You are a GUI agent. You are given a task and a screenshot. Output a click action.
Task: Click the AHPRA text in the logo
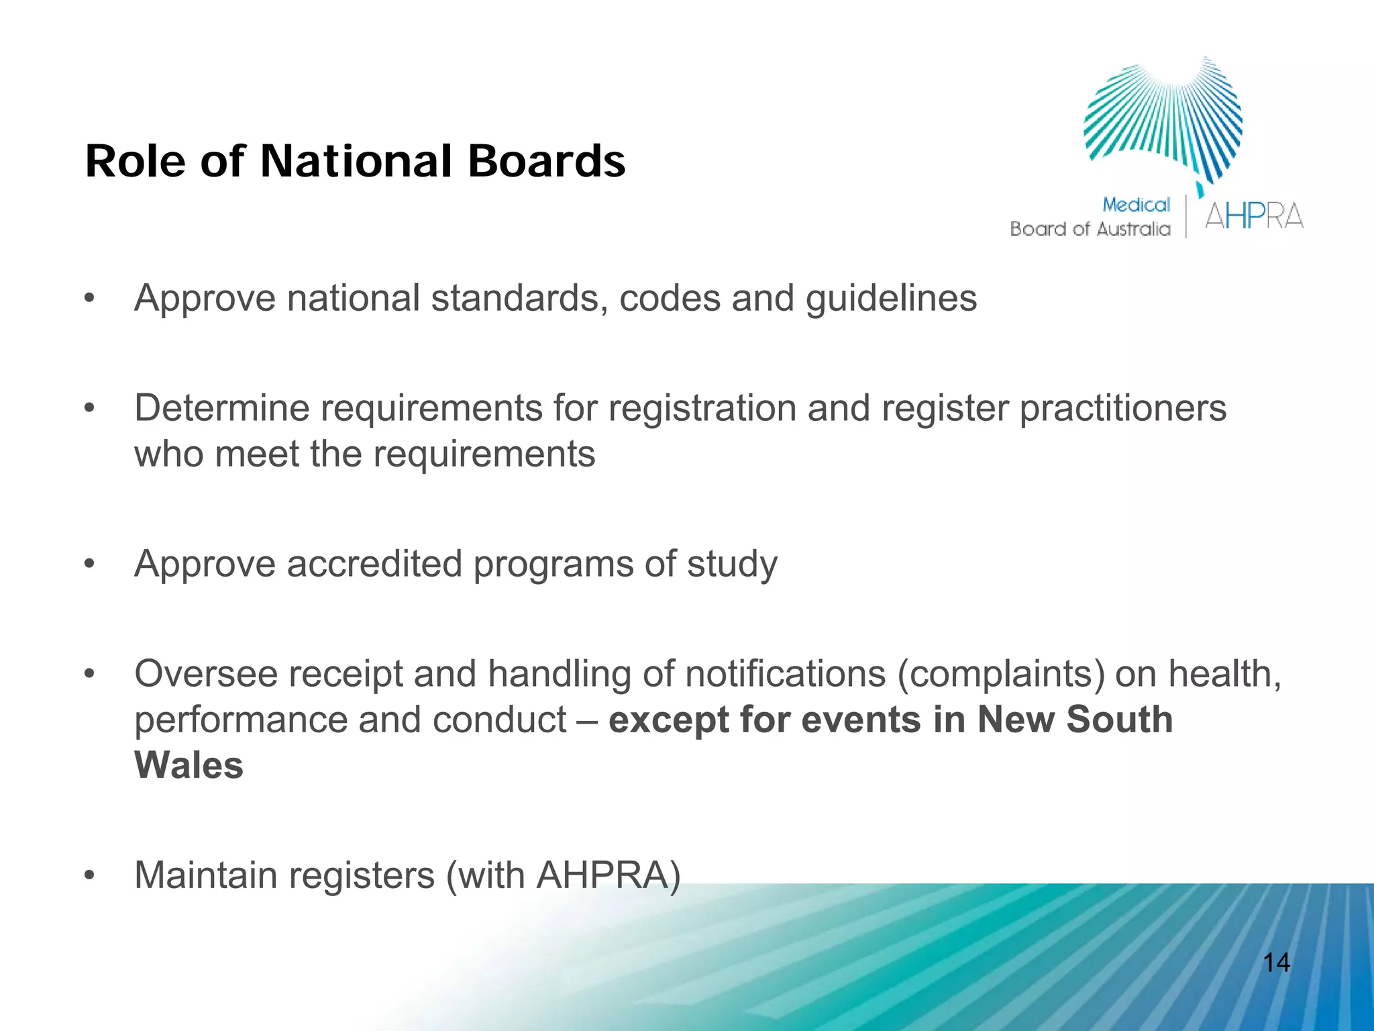1253,217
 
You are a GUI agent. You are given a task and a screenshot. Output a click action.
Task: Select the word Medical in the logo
1136,205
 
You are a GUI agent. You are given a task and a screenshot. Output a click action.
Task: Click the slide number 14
1276,963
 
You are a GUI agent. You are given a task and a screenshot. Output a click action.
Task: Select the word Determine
221,408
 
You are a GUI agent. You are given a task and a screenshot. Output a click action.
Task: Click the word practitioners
1122,408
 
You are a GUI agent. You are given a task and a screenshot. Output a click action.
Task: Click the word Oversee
206,673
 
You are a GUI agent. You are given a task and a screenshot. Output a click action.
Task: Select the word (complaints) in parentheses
1000,674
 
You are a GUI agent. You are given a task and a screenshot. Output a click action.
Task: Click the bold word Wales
189,765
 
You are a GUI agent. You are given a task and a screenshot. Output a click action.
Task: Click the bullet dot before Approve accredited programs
90,564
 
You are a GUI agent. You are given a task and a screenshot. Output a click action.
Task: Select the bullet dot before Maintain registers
90,876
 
